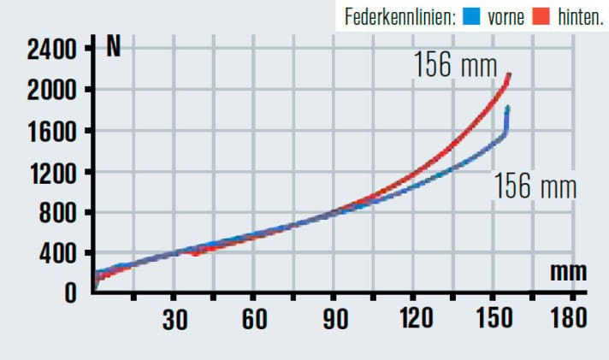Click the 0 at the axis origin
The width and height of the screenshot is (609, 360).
pos(71,292)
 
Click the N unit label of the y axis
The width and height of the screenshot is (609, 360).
pos(113,46)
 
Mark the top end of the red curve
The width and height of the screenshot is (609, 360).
pos(510,74)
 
